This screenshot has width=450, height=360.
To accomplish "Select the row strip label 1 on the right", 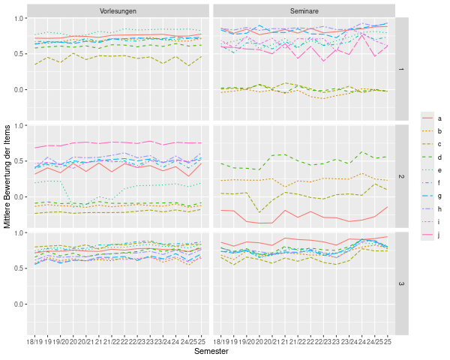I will pos(401,70).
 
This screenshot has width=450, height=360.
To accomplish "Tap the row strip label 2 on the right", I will pos(401,177).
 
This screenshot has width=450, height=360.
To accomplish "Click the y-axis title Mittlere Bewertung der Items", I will pos(7,177).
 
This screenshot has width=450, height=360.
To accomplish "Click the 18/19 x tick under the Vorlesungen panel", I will pos(34,342).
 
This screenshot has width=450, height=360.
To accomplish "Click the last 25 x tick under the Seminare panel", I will pos(387,342).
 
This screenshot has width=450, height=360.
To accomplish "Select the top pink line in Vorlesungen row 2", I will pos(112,142).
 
